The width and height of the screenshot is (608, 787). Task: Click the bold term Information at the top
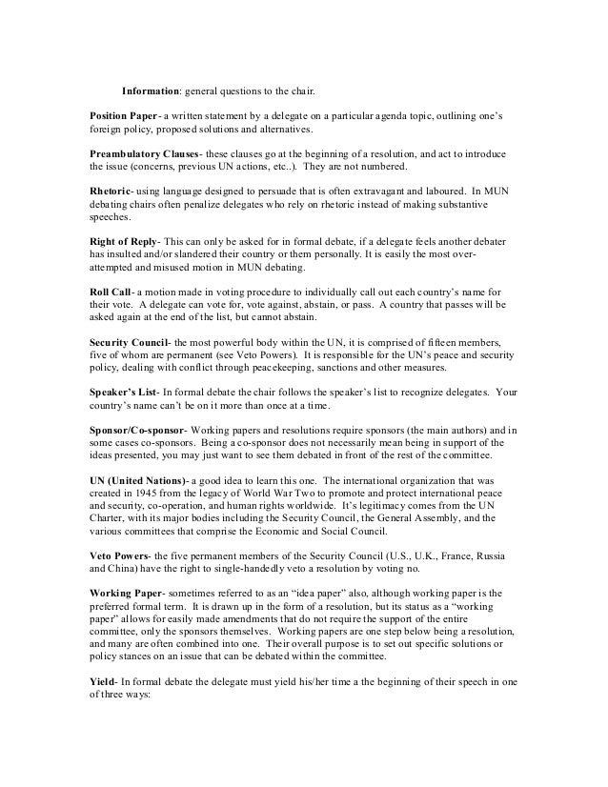tap(152, 91)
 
